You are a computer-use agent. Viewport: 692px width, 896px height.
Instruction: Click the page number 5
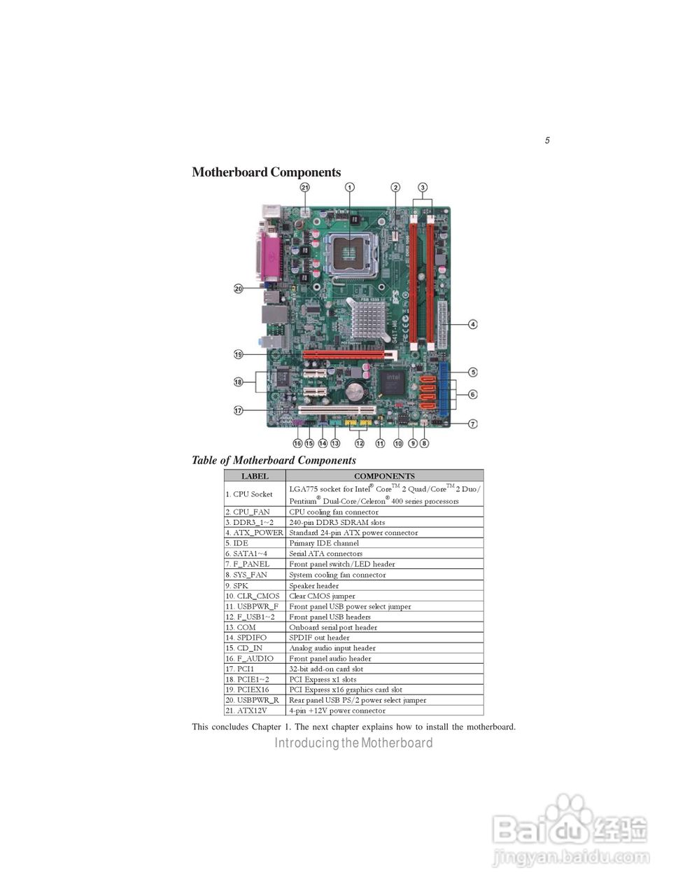[x=547, y=141]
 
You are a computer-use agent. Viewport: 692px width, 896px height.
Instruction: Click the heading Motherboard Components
[x=266, y=172]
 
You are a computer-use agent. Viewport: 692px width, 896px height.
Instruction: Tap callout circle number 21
[x=305, y=188]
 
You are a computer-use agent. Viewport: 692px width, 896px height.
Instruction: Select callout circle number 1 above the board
[x=350, y=188]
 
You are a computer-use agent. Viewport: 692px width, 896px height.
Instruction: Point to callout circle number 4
[x=473, y=324]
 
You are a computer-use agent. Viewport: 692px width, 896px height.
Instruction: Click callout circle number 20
[x=238, y=288]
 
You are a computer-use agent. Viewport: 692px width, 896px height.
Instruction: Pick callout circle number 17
[x=238, y=411]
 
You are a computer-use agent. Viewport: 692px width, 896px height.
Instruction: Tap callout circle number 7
[x=473, y=423]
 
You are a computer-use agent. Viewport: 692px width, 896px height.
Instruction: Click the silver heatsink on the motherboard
[x=369, y=320]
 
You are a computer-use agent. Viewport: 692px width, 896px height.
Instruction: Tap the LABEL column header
[x=255, y=476]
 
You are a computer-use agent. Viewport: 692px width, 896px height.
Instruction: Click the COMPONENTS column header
[x=384, y=476]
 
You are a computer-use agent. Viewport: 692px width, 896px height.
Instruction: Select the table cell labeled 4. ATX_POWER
[x=255, y=533]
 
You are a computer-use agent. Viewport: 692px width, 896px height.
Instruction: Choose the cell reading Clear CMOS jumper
[x=322, y=596]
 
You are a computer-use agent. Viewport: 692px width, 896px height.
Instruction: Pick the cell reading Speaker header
[x=313, y=586]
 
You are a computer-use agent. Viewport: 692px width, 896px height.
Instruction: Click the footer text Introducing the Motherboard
[x=353, y=743]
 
